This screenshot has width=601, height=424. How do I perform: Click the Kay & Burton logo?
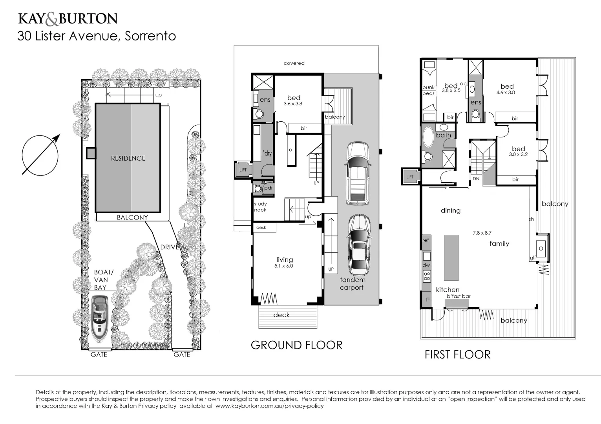coord(68,18)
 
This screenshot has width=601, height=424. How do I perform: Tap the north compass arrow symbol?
coord(40,155)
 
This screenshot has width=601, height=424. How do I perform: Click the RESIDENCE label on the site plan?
coord(128,158)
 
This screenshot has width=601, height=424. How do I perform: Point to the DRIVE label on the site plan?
coord(169,247)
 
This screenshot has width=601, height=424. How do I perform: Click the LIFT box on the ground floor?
coord(243,170)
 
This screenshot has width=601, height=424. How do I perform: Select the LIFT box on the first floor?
coord(410,177)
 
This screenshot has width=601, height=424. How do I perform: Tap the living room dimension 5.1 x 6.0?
coord(284,266)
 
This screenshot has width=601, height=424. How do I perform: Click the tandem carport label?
coord(352,283)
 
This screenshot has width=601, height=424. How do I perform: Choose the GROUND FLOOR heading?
coord(296,345)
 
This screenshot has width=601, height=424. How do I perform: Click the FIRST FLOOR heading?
coord(457,355)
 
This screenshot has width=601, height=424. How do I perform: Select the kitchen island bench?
coord(451,257)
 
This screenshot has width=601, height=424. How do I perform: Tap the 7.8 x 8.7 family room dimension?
coord(482,233)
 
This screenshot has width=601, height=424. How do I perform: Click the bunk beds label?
coord(428,90)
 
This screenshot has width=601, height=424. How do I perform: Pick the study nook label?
coord(260,207)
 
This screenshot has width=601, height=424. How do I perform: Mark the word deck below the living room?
coord(281,315)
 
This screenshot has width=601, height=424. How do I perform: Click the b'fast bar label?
coord(458,296)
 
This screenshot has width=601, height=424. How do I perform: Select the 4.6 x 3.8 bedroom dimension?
coord(506,93)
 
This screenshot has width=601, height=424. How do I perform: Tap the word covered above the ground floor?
coord(294,63)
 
